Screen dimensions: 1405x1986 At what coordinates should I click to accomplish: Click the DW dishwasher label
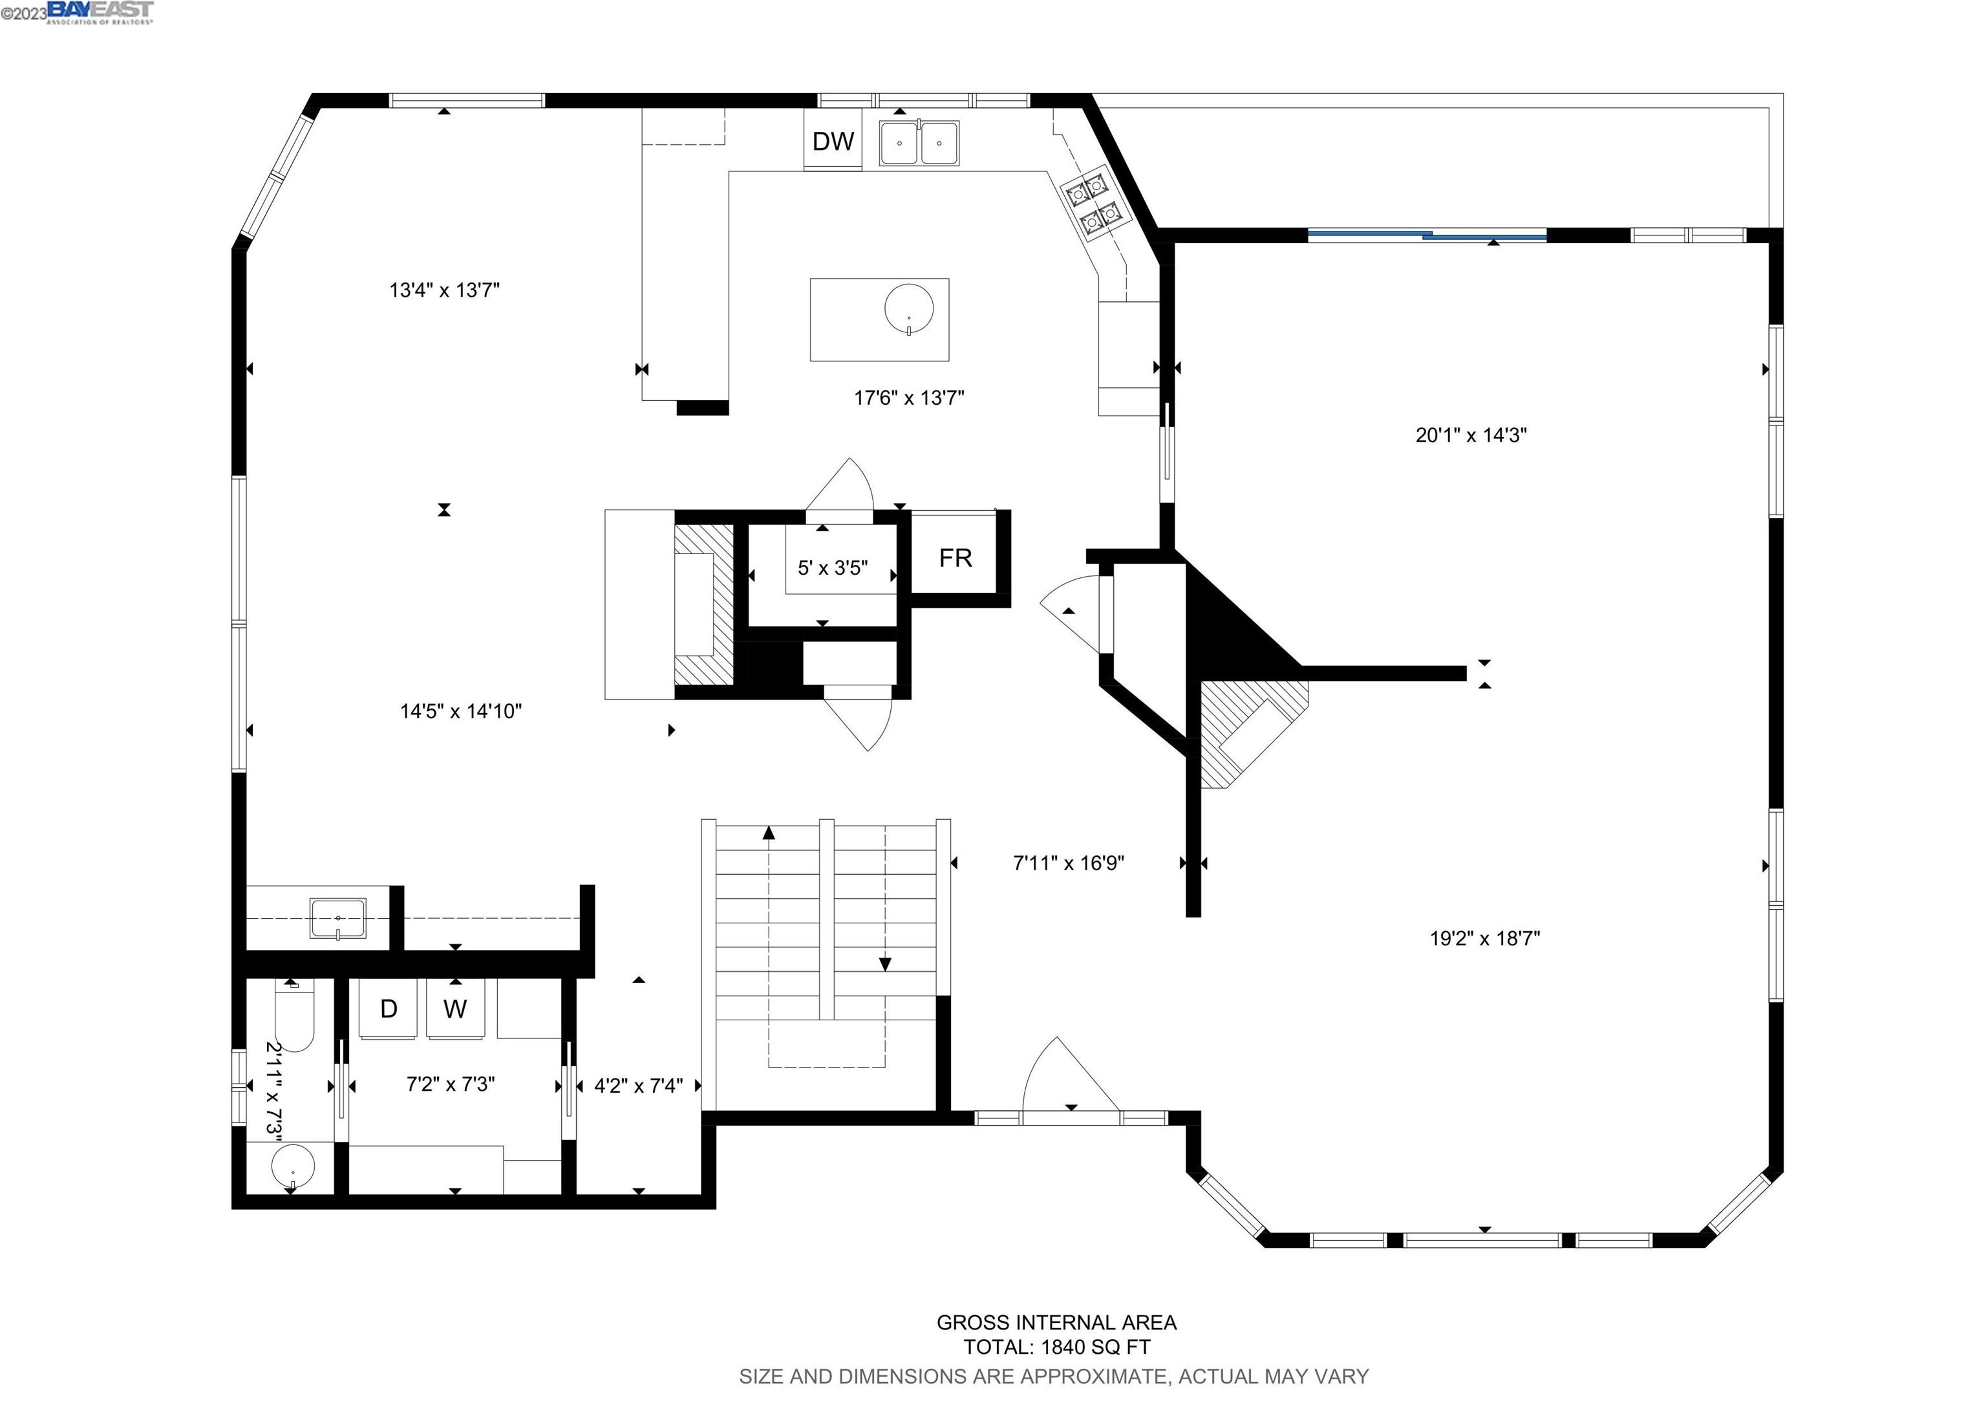click(833, 141)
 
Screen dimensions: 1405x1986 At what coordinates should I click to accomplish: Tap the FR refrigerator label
click(955, 558)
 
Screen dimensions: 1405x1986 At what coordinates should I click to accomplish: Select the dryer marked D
click(389, 1009)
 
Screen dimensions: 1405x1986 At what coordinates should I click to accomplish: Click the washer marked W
click(455, 1009)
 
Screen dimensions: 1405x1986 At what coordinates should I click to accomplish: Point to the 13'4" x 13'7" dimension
click(445, 290)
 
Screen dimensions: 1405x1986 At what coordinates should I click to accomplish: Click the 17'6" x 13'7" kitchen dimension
click(909, 398)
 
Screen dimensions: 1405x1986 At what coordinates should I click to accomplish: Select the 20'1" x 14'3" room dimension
click(1471, 435)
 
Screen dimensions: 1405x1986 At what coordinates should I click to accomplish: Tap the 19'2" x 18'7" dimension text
click(1484, 939)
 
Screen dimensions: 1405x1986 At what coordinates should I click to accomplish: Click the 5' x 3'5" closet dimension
click(832, 568)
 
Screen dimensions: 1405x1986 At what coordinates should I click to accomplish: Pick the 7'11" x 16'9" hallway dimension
click(1068, 863)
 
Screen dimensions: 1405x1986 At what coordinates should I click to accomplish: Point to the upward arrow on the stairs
click(768, 833)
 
